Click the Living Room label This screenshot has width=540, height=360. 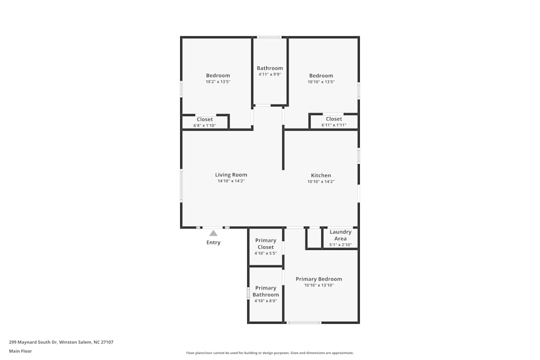(231, 175)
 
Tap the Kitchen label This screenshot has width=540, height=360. (321, 175)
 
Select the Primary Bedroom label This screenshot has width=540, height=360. (319, 279)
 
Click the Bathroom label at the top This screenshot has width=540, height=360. (269, 68)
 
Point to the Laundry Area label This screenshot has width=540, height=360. (340, 235)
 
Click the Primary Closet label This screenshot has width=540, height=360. (265, 244)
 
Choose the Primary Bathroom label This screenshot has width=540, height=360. (266, 291)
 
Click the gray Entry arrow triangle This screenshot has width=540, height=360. (213, 233)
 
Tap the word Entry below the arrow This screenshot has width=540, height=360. (213, 243)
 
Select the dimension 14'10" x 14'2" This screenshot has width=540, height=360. (231, 181)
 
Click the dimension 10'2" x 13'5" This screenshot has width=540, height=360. (218, 82)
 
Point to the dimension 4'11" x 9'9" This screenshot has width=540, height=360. (269, 74)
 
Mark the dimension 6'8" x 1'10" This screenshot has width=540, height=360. (205, 126)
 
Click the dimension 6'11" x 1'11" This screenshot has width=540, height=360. (334, 125)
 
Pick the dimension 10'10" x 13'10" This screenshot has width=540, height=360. (319, 285)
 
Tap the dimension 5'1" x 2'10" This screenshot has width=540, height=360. (340, 245)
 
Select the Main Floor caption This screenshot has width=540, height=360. (21, 351)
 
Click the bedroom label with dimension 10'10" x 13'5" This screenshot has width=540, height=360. (321, 76)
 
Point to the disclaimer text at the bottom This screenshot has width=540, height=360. (270, 353)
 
